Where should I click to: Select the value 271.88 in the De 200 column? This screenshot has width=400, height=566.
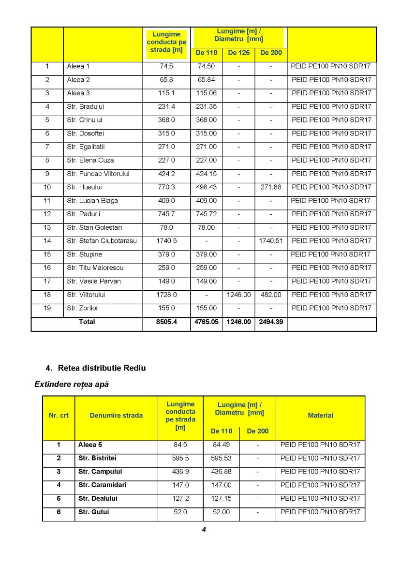click(270, 187)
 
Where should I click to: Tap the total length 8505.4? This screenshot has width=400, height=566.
click(166, 322)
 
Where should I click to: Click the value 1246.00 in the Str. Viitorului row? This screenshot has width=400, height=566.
click(239, 295)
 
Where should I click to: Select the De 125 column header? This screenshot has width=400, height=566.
click(239, 53)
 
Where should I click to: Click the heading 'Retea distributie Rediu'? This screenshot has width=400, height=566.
click(102, 368)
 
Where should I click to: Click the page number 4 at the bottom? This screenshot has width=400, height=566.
click(204, 529)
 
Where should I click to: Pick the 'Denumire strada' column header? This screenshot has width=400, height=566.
click(116, 416)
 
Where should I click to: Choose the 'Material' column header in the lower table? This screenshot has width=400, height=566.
click(320, 416)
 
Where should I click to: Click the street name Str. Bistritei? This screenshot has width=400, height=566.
click(97, 458)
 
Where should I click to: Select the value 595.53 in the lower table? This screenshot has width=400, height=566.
click(221, 458)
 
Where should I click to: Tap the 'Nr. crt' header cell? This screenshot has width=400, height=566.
click(59, 416)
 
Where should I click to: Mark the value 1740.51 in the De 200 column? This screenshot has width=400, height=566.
click(270, 241)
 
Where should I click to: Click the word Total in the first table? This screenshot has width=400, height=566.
click(87, 322)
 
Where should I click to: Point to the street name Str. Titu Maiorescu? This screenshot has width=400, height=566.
click(95, 268)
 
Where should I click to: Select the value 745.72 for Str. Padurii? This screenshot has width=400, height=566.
click(206, 214)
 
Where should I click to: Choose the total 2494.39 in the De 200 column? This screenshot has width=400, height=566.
click(270, 322)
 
